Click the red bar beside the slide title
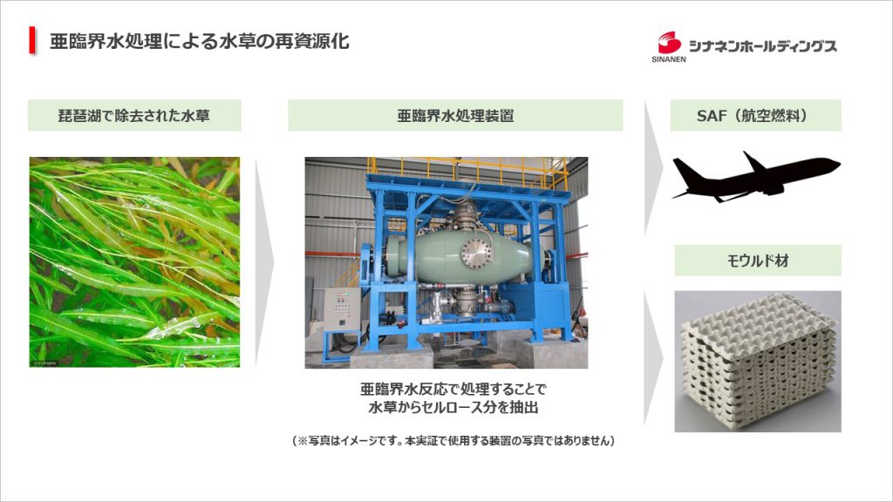point(32,40)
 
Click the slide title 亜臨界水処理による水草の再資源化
point(200,41)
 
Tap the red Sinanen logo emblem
point(669,43)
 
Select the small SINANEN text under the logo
point(669,58)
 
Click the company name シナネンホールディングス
point(762,45)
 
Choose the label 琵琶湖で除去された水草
point(134,116)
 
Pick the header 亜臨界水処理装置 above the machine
point(455,116)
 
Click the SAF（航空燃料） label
point(755,116)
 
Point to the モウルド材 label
point(758,261)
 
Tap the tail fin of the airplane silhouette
point(685,170)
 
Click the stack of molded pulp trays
point(758,362)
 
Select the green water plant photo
point(134,261)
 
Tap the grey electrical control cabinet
point(342,309)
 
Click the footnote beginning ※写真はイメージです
point(453,440)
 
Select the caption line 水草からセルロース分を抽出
point(453,408)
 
